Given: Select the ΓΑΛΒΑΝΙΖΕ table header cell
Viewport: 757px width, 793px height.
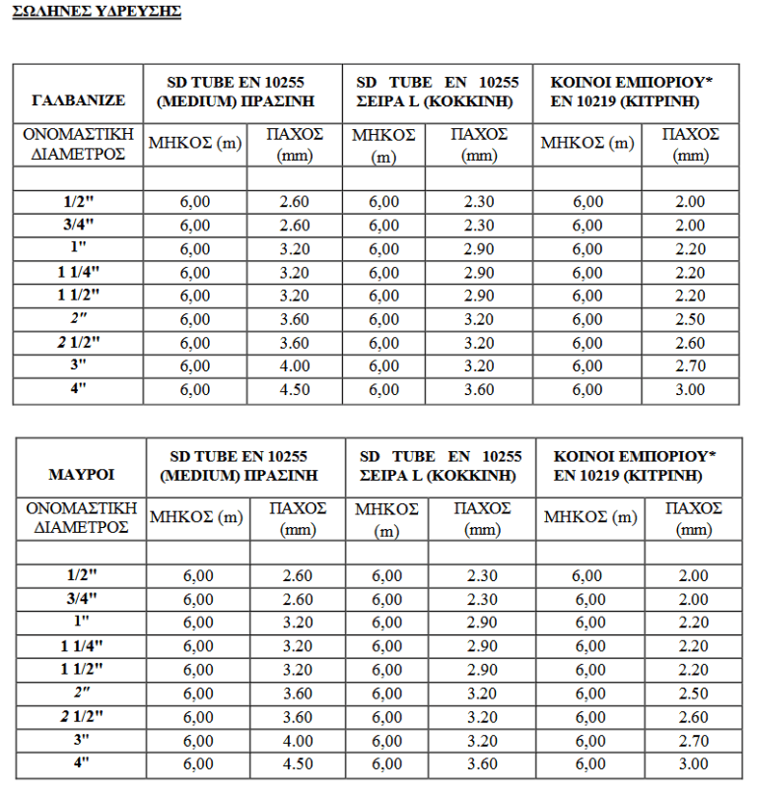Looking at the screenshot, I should pyautogui.click(x=78, y=99).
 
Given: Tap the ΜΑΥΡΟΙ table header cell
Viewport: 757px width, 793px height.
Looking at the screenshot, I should pyautogui.click(x=82, y=474).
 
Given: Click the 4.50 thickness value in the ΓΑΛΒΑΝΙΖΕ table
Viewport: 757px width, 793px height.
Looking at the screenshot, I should pyautogui.click(x=295, y=390).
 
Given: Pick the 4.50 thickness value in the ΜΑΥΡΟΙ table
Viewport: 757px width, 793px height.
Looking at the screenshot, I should pyautogui.click(x=297, y=764).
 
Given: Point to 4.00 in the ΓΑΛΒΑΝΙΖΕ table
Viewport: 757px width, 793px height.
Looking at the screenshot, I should pyautogui.click(x=295, y=366).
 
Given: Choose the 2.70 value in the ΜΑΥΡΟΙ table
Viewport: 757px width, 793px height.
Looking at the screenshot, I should pyautogui.click(x=693, y=741).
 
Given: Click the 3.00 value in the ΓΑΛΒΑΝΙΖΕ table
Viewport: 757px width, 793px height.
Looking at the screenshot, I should pyautogui.click(x=690, y=390).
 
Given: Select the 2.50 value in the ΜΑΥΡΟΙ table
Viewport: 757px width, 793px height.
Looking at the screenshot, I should pyautogui.click(x=693, y=694).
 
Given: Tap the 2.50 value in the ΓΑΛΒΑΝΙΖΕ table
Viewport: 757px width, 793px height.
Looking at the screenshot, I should pyautogui.click(x=690, y=319).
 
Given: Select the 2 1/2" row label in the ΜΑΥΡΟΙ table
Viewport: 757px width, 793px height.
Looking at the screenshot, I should pyautogui.click(x=82, y=717).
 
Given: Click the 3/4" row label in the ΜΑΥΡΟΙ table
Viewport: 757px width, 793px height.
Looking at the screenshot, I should pyautogui.click(x=82, y=599).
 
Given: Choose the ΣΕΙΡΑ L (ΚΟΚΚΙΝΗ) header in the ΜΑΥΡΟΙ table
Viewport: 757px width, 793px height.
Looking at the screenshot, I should pyautogui.click(x=441, y=474).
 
